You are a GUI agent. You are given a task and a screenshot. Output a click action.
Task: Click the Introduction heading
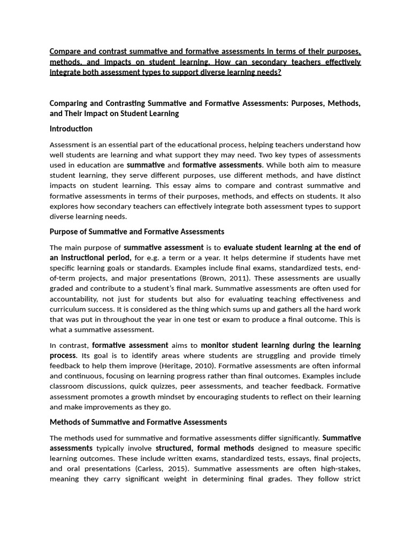click(71, 129)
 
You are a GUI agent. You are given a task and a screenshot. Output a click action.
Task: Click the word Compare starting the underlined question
click(67, 52)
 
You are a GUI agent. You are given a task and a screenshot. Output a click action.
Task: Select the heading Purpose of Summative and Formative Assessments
click(136, 232)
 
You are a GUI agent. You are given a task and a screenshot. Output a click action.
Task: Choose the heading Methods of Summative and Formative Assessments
click(138, 422)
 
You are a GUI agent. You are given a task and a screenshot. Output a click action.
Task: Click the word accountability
click(73, 299)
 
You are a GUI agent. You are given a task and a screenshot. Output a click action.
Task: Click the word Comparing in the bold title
click(68, 103)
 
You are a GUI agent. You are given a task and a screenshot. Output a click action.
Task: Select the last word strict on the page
click(351, 479)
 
